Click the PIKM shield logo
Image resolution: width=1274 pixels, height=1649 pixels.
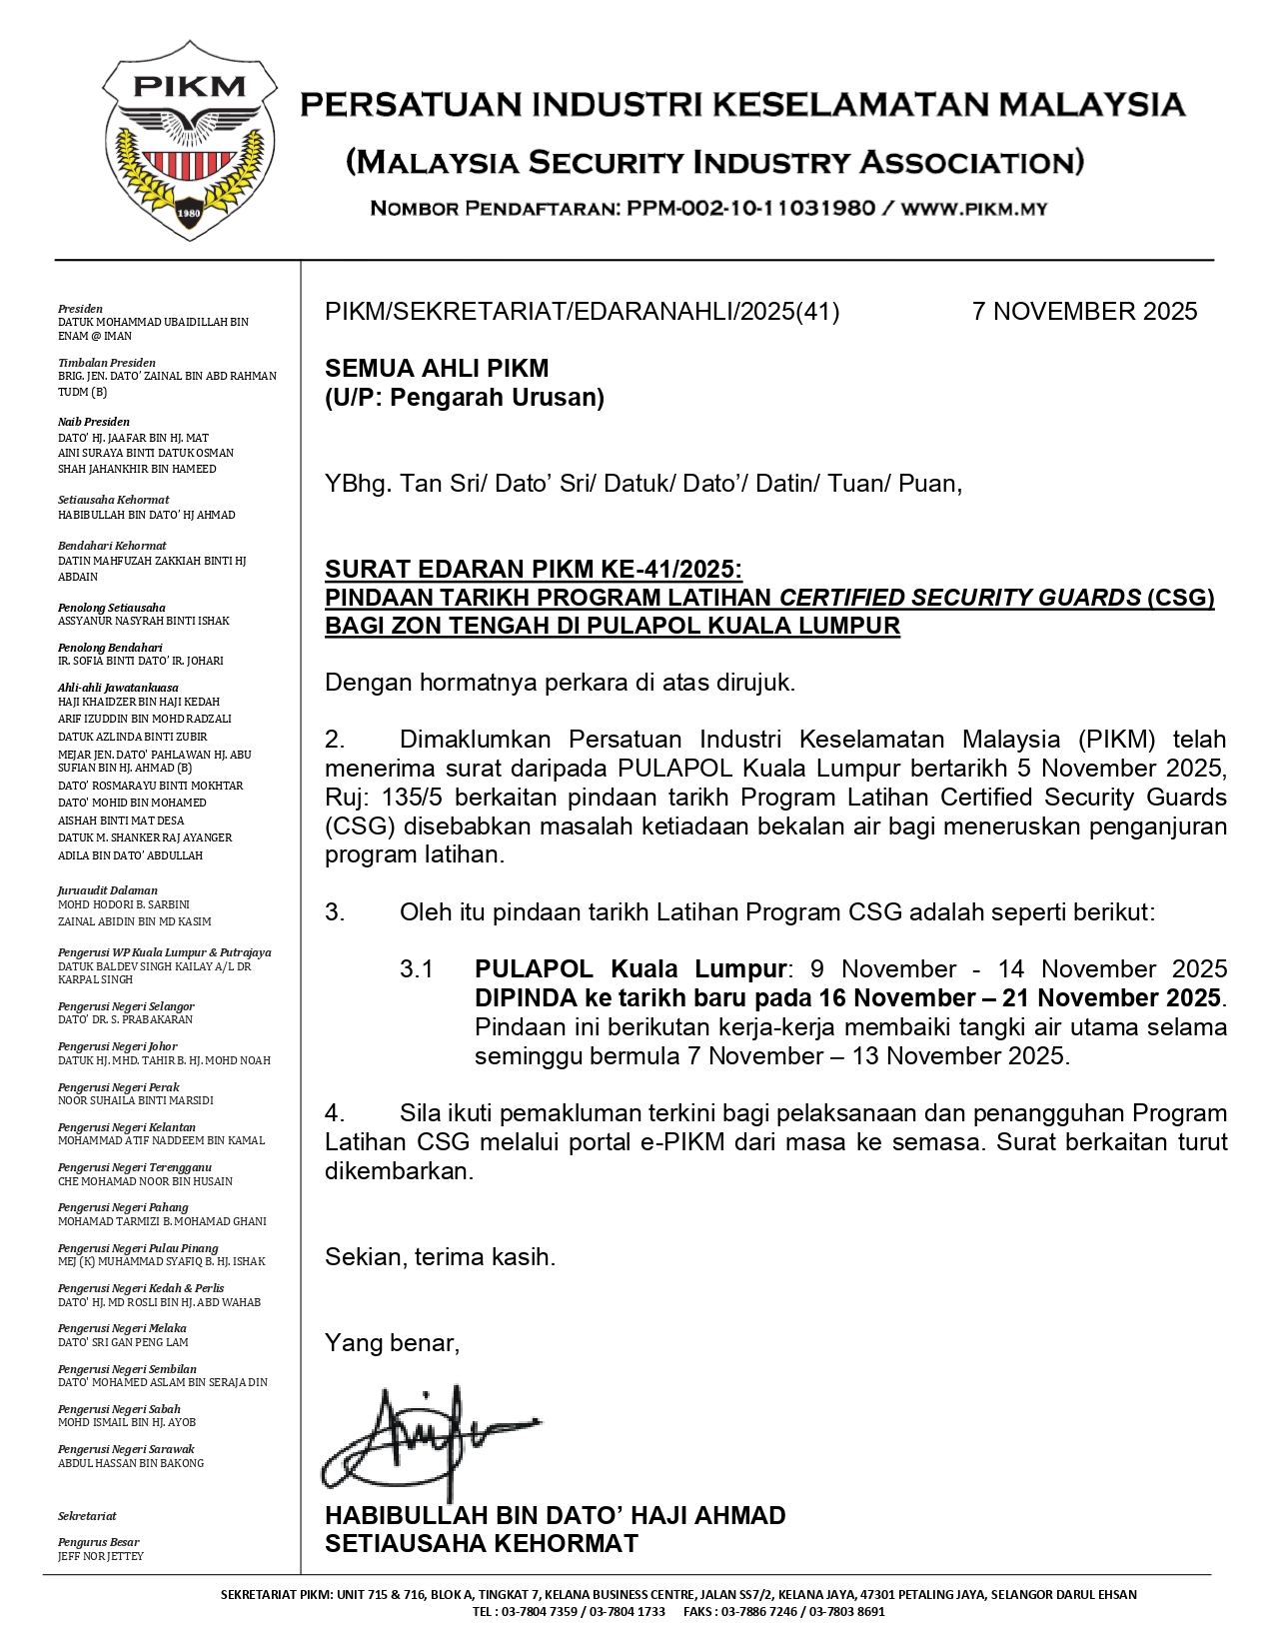tap(189, 140)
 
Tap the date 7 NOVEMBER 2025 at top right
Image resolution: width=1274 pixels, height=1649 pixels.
tap(1084, 312)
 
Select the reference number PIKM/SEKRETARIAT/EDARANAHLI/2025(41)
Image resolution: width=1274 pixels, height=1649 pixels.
tap(582, 312)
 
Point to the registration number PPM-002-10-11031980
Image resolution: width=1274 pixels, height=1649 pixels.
tap(750, 209)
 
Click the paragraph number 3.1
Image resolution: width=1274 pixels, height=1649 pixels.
tap(416, 969)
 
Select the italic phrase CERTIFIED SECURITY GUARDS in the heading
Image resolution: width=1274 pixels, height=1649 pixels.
tap(959, 598)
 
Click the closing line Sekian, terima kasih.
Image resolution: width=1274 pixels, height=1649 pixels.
tap(440, 1257)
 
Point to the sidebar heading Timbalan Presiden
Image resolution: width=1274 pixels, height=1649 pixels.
tap(107, 363)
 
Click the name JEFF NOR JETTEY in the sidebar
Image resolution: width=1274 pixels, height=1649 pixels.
tap(101, 1556)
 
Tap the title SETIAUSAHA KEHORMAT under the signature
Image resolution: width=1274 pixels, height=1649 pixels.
tap(481, 1544)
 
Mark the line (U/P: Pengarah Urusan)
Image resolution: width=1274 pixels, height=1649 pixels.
tap(465, 398)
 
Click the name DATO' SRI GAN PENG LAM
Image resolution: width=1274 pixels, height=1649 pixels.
tap(123, 1342)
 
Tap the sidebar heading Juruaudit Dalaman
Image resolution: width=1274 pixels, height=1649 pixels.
tap(108, 890)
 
